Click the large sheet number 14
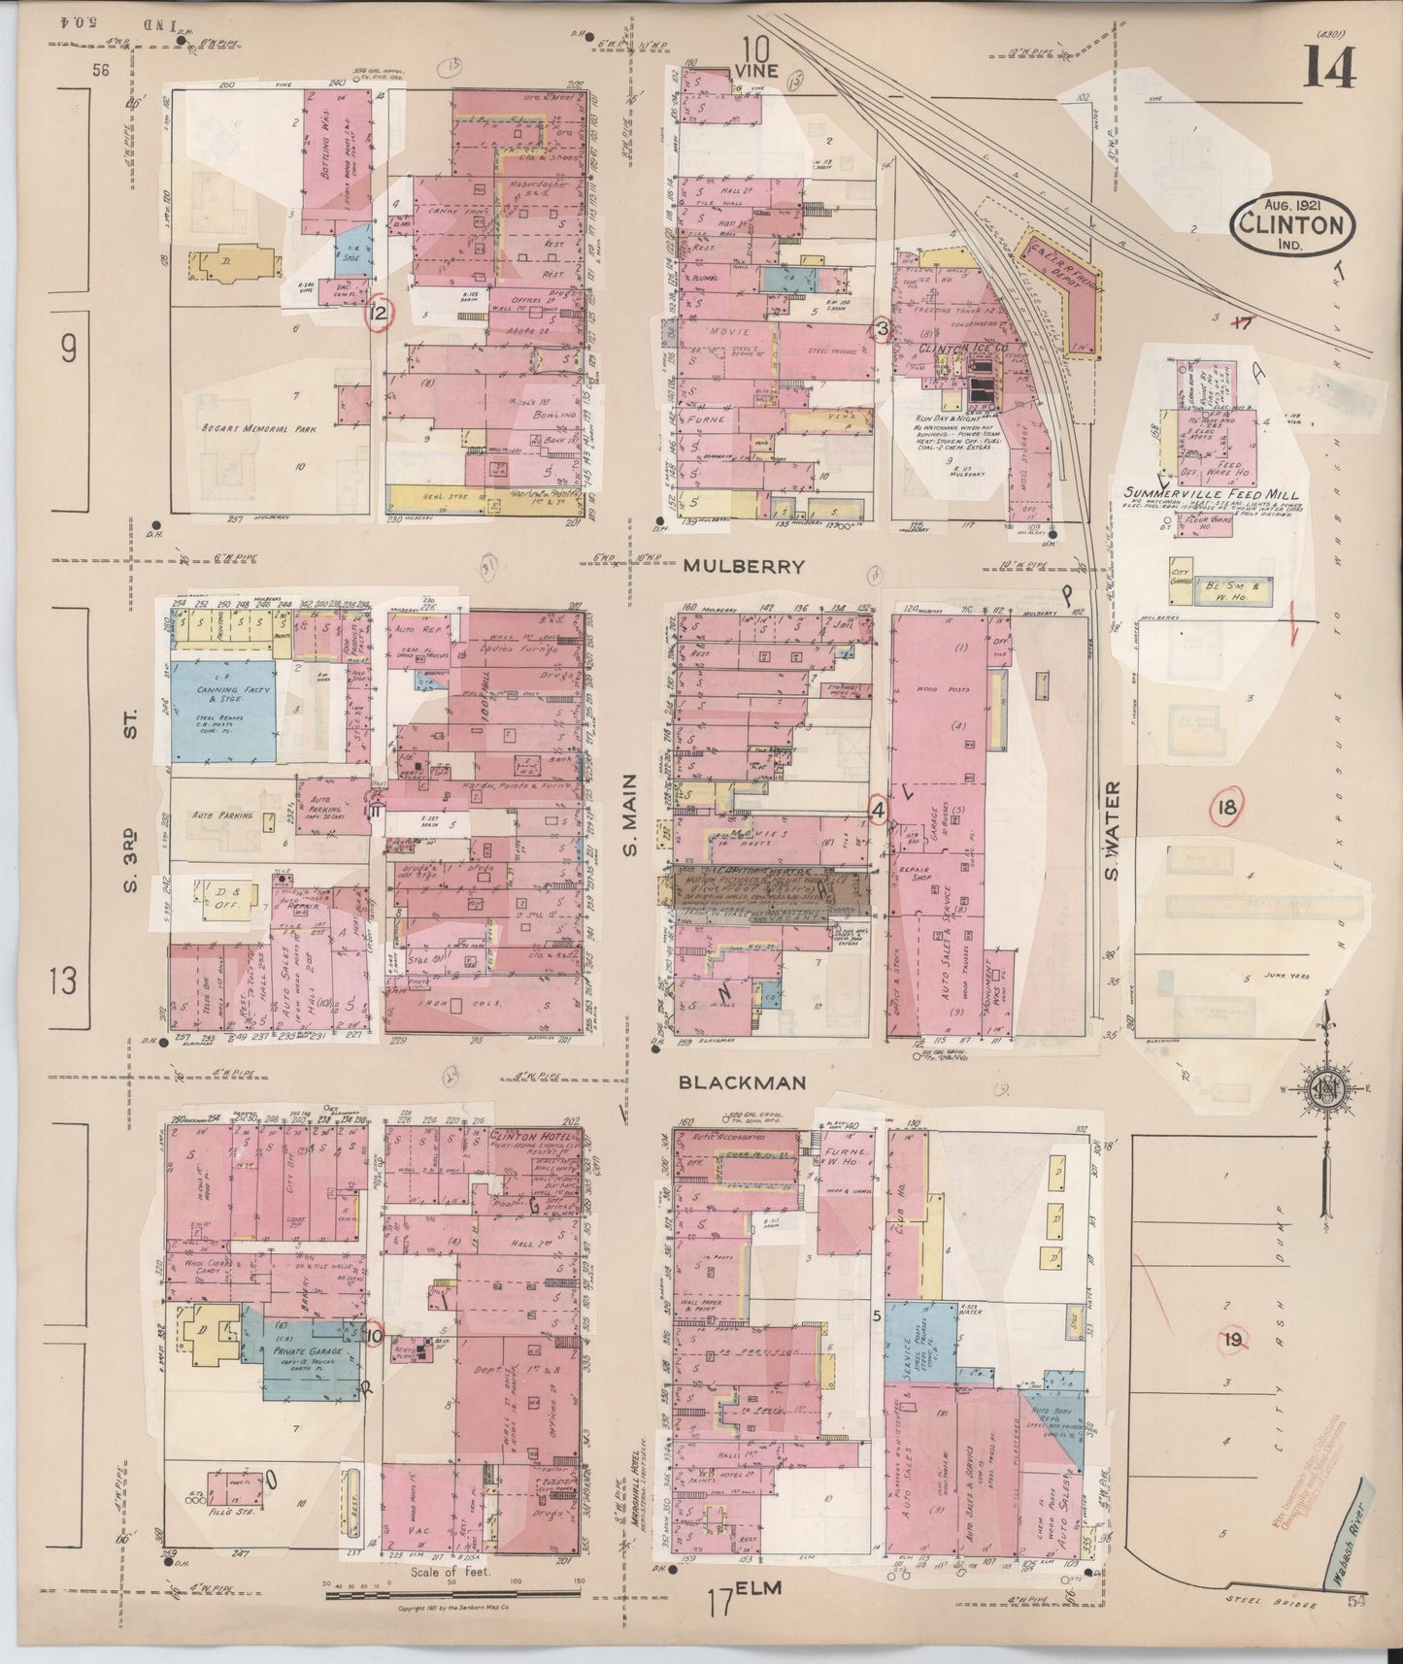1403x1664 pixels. pos(1329,66)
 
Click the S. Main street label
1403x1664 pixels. pos(628,816)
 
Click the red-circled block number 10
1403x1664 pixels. pos(375,1335)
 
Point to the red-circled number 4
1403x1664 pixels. pos(878,809)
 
